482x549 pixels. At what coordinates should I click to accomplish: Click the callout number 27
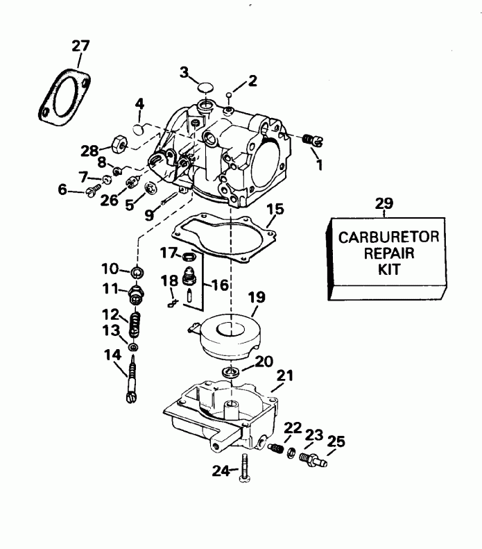[x=81, y=47]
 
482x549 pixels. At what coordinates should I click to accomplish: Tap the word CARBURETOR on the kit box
[x=388, y=237]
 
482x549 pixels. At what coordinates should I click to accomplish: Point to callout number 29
[x=384, y=203]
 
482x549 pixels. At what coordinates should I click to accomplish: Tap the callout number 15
[x=275, y=208]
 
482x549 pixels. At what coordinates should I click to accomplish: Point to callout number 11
[x=111, y=288]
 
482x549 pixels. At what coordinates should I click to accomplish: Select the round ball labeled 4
[x=139, y=130]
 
